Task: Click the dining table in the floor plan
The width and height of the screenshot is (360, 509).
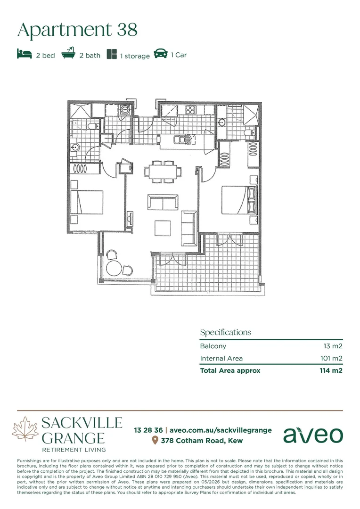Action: pyautogui.click(x=163, y=172)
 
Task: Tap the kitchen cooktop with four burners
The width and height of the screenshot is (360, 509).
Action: pyautogui.click(x=190, y=110)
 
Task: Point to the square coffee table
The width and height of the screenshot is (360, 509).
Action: pyautogui.click(x=163, y=228)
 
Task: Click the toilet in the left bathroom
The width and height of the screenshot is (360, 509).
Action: pyautogui.click(x=93, y=126)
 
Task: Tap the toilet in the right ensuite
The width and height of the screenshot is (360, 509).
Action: pyautogui.click(x=250, y=132)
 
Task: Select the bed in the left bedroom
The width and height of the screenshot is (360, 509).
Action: pyautogui.click(x=87, y=202)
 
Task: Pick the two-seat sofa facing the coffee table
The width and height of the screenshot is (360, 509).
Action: pyautogui.click(x=163, y=202)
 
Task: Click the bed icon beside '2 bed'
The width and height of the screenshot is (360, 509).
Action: pyautogui.click(x=25, y=54)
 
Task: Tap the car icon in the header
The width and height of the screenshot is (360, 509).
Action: pyautogui.click(x=161, y=54)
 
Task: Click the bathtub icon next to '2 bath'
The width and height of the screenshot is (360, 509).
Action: pyautogui.click(x=68, y=53)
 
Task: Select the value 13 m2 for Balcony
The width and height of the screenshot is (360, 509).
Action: pyautogui.click(x=333, y=346)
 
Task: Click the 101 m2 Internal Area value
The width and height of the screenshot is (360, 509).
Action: pyautogui.click(x=331, y=358)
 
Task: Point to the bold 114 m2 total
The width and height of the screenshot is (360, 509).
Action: pyautogui.click(x=331, y=370)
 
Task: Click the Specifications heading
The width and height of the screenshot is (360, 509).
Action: pyautogui.click(x=226, y=332)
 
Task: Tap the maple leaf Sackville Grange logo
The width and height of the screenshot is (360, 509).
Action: pyautogui.click(x=25, y=429)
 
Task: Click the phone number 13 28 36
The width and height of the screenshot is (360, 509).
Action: pyautogui.click(x=148, y=430)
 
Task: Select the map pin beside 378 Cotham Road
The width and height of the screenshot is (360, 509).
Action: pyautogui.click(x=155, y=440)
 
